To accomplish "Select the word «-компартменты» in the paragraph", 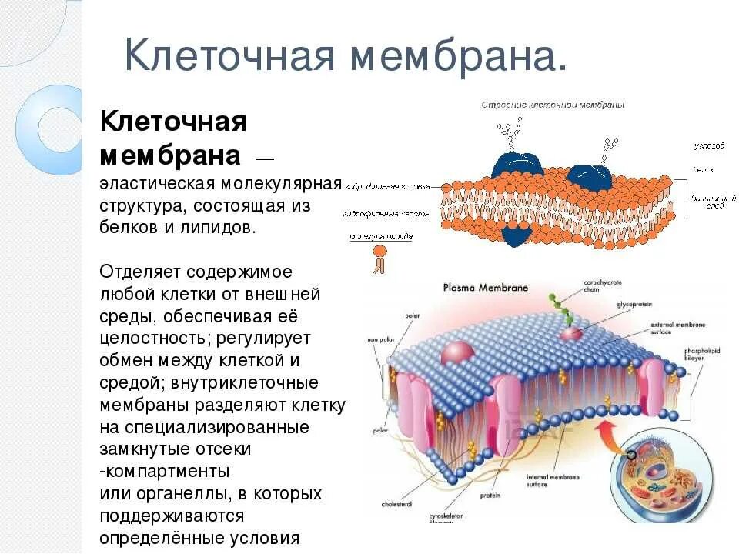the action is click(x=165, y=470).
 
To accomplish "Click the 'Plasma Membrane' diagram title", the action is click(x=485, y=287).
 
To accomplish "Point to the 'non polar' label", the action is click(x=380, y=339).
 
